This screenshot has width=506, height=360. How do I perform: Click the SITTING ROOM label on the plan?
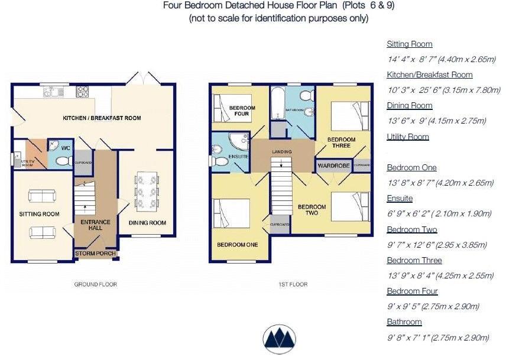(38, 214)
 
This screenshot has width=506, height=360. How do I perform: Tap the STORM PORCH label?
(95, 255)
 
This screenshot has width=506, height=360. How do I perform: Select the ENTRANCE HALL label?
(95, 225)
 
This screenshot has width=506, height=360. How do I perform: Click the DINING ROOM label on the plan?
(147, 223)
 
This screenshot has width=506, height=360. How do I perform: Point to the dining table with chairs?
(147, 190)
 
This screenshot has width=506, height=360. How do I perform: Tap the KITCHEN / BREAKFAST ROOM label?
(102, 118)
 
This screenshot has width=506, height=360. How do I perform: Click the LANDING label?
(281, 152)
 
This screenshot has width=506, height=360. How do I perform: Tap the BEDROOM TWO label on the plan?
(312, 210)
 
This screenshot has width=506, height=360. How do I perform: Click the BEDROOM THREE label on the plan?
(341, 142)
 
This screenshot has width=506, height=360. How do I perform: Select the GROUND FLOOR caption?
(95, 284)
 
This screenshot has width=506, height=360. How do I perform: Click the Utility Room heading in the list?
(407, 137)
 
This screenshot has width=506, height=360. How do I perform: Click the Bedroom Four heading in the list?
(412, 291)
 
